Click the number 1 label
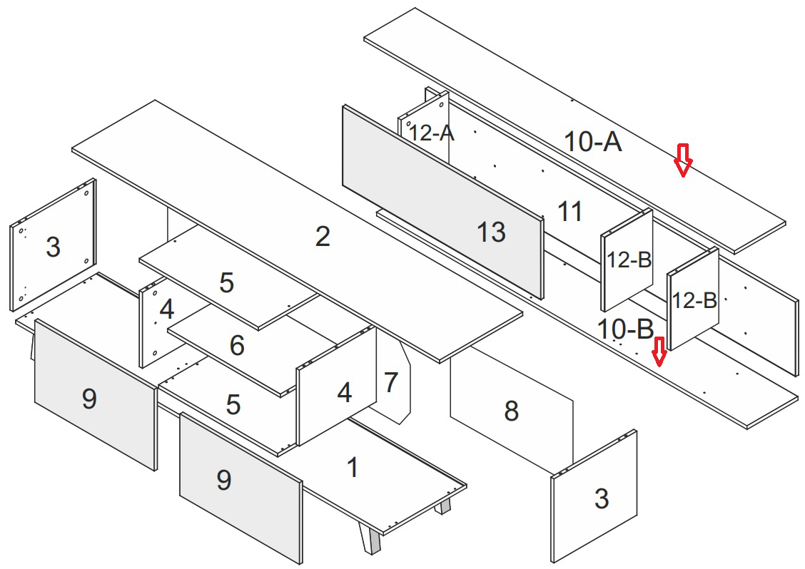(352, 468)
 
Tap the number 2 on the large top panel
(323, 237)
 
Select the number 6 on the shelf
(237, 346)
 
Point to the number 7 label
(390, 383)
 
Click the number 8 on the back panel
(511, 411)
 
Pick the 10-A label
(593, 142)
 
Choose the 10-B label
(626, 329)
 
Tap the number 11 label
(570, 211)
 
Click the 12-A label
(430, 133)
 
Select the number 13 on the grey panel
(491, 232)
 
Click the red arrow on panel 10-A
(684, 160)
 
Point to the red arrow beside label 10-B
(659, 351)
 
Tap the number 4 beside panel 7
(344, 392)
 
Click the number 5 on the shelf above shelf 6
(226, 283)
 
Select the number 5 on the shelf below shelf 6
(233, 405)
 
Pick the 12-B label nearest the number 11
(629, 260)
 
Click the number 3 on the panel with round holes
(53, 247)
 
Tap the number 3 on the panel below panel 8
(602, 499)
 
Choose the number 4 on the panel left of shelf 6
(166, 309)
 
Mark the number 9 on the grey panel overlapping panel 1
(223, 481)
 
